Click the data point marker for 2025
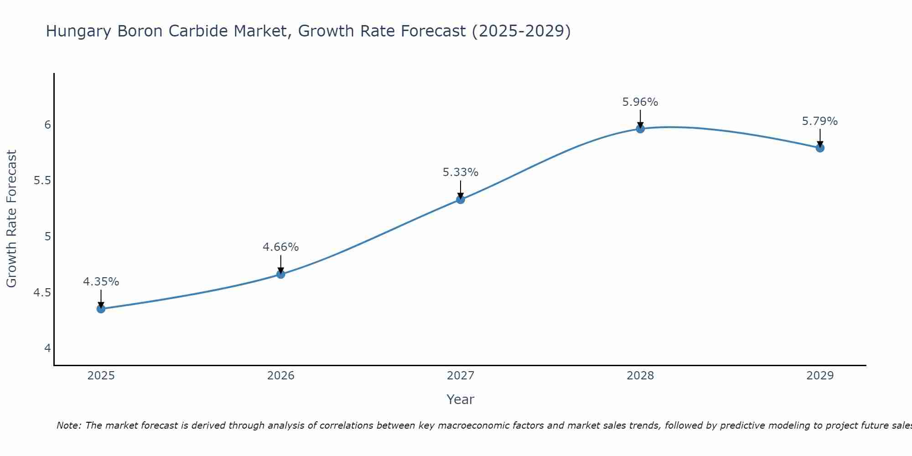pyautogui.click(x=101, y=309)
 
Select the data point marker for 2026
pyautogui.click(x=280, y=274)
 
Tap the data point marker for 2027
pyautogui.click(x=461, y=199)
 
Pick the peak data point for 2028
pyautogui.click(x=640, y=129)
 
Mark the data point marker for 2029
pyautogui.click(x=820, y=148)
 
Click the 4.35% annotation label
pyautogui.click(x=101, y=282)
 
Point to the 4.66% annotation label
pyautogui.click(x=280, y=247)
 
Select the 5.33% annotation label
pyautogui.click(x=461, y=172)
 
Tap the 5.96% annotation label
pyautogui.click(x=640, y=102)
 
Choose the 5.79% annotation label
pyautogui.click(x=820, y=121)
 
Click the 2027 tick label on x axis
pyautogui.click(x=461, y=376)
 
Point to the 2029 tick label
pyautogui.click(x=820, y=376)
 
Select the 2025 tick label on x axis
pyautogui.click(x=101, y=376)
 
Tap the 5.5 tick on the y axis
pyautogui.click(x=42, y=181)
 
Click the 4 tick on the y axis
pyautogui.click(x=47, y=348)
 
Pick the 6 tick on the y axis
pyautogui.click(x=47, y=124)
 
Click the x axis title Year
pyautogui.click(x=461, y=399)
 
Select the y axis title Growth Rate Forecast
pyautogui.click(x=11, y=219)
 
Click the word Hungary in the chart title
pyautogui.click(x=79, y=31)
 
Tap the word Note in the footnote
pyautogui.click(x=68, y=425)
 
